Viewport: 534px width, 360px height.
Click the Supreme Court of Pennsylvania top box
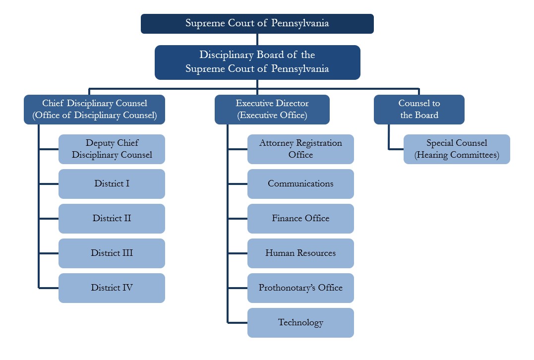pyautogui.click(x=257, y=23)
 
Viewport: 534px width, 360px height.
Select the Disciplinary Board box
pyautogui.click(x=257, y=62)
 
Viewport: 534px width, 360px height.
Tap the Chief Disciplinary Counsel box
pyautogui.click(x=94, y=109)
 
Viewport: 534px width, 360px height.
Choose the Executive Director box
pyautogui.click(x=272, y=109)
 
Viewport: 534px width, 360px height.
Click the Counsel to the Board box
pyautogui.click(x=419, y=109)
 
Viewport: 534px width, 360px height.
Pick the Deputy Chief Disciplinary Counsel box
pyautogui.click(x=112, y=149)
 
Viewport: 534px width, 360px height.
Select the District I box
pyautogui.click(x=112, y=184)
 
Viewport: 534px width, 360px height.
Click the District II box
pyautogui.click(x=112, y=219)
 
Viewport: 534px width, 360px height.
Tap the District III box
pyautogui.click(x=112, y=253)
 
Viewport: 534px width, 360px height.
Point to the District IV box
pyautogui.click(x=112, y=288)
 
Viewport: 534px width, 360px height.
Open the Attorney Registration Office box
pyautogui.click(x=300, y=149)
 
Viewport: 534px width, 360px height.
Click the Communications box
pyautogui.click(x=300, y=184)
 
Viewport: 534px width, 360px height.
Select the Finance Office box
pyautogui.click(x=300, y=219)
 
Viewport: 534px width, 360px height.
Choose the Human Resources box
pyautogui.click(x=300, y=253)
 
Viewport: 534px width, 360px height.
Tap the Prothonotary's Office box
pyautogui.click(x=300, y=288)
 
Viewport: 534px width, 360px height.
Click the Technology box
pyautogui.click(x=300, y=323)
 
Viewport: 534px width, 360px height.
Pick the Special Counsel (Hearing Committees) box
pyautogui.click(x=457, y=149)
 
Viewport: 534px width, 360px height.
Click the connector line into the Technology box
pyautogui.click(x=237, y=322)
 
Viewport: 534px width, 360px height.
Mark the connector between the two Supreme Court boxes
pyautogui.click(x=257, y=40)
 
